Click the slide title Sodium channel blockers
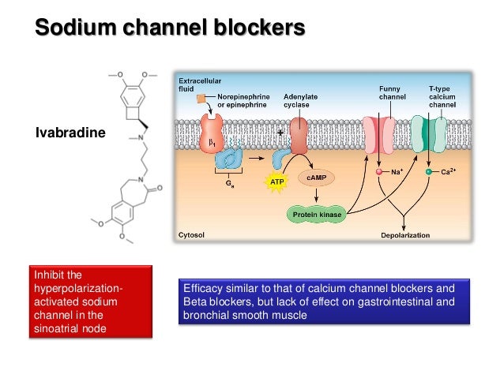click(169, 29)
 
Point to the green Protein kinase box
click(315, 213)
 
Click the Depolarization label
click(405, 234)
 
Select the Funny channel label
click(392, 93)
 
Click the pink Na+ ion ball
click(379, 171)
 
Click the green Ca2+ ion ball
click(428, 171)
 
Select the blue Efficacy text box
click(325, 301)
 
